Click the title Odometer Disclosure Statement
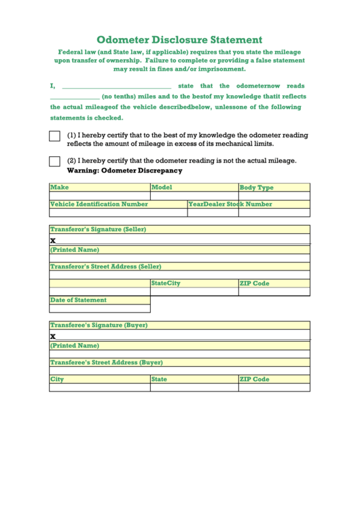point(179,40)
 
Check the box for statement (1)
point(55,137)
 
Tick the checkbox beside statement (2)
point(55,161)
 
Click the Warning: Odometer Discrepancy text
point(124,171)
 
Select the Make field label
point(60,188)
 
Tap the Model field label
point(162,188)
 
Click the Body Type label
point(257,188)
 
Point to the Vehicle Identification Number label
point(99,204)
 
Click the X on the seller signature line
point(53,241)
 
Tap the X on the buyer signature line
point(53,336)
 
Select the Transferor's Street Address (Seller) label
point(106,266)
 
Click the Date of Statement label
point(79,300)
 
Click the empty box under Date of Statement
point(100,309)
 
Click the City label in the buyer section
point(57,379)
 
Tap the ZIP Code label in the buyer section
point(255,379)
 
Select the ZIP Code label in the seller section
point(255,283)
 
